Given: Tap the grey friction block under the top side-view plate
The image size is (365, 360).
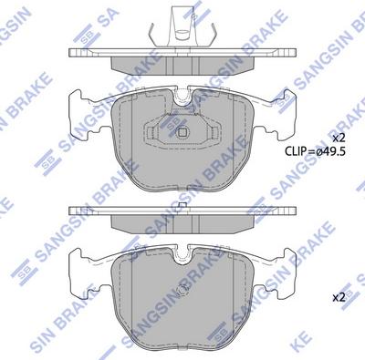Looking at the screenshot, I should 182,64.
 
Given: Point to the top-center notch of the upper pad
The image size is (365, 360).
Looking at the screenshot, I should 182,96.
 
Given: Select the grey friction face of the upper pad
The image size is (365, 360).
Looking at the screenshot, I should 137,150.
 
